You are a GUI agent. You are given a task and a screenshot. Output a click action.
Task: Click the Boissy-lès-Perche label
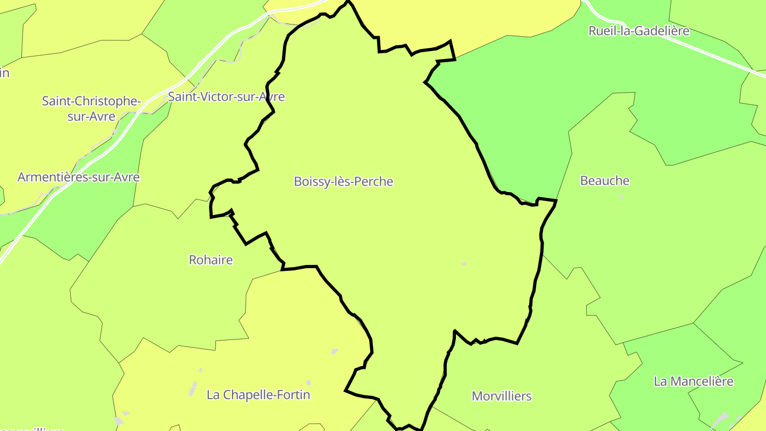344,181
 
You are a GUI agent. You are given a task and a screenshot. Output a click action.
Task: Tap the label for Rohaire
211,260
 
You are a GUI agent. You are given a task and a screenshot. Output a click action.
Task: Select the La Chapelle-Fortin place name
258,395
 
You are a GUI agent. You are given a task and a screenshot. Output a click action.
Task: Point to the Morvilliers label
502,396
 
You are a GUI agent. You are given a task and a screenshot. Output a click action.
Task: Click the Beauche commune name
604,181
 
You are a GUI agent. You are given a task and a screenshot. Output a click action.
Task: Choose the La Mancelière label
694,382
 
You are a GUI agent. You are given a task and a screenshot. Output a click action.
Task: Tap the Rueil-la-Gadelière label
639,31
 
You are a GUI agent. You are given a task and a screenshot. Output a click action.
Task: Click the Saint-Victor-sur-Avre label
226,97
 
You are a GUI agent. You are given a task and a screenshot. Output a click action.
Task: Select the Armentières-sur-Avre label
78,177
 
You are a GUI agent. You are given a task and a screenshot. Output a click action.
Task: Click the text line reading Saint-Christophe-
91,101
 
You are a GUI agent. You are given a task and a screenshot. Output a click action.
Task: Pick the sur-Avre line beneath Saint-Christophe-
91,116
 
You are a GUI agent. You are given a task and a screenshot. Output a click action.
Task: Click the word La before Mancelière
660,382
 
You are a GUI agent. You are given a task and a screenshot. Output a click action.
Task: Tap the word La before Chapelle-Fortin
213,395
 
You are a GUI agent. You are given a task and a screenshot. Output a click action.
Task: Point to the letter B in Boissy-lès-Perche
298,181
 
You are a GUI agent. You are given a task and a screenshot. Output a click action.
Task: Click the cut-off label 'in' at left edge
4,73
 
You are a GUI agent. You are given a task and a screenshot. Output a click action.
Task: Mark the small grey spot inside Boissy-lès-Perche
464,264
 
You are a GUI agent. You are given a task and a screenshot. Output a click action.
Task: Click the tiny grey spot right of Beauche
621,196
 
